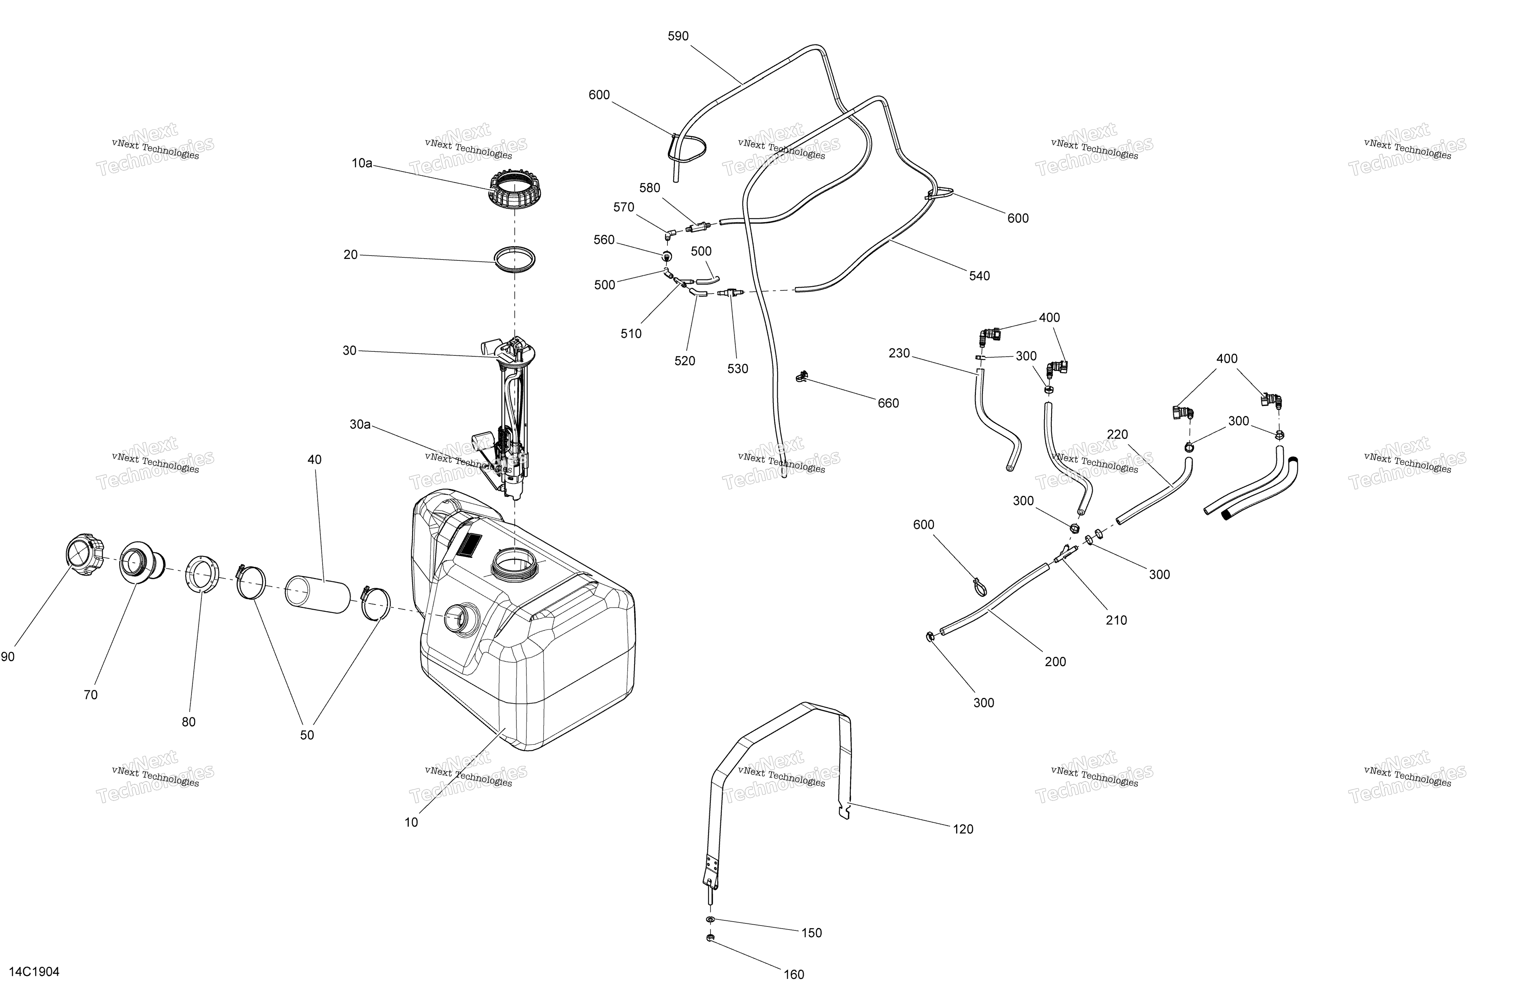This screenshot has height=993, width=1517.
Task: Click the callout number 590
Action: [x=678, y=36]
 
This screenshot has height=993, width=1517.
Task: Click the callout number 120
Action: [x=963, y=829]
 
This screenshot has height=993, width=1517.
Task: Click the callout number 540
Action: [x=980, y=276]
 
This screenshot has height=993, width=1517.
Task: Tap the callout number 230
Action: [x=899, y=353]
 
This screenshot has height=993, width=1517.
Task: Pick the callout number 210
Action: [x=1116, y=620]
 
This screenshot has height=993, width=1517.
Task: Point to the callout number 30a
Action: [x=360, y=424]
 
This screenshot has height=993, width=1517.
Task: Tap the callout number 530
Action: [x=737, y=369]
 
